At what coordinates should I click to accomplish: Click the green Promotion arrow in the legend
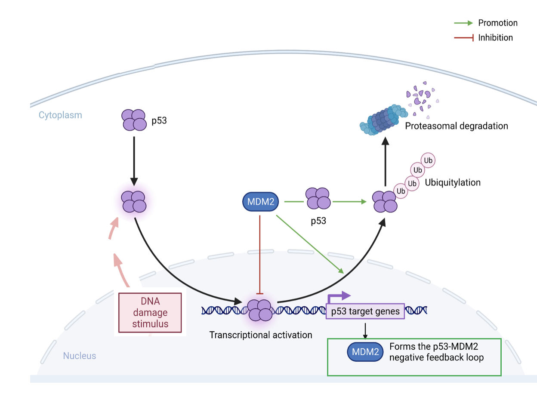point(463,23)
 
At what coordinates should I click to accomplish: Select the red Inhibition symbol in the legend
point(464,38)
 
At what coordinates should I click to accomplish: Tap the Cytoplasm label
point(60,115)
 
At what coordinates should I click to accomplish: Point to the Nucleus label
point(80,356)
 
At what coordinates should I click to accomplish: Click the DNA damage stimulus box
point(150,313)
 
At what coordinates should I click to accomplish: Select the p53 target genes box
point(365,311)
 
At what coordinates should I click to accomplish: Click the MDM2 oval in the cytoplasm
point(261,201)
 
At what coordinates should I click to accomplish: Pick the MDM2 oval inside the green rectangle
point(365,352)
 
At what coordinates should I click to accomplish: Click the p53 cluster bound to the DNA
point(259,310)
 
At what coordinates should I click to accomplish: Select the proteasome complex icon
point(383,121)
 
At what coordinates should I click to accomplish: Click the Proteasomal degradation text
point(456,126)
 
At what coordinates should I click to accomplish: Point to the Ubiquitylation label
point(452,182)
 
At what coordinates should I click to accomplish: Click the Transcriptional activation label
point(261,335)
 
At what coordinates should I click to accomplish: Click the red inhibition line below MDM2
point(260,254)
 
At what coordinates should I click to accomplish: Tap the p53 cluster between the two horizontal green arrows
point(318,198)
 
